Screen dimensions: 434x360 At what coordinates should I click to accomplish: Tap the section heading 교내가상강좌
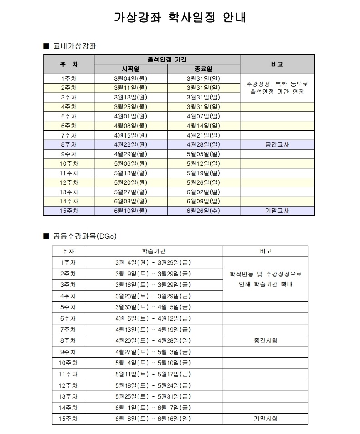pyautogui.click(x=74, y=46)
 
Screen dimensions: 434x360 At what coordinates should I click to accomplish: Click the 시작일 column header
pyautogui.click(x=131, y=69)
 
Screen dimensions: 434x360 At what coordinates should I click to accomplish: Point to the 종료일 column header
pyautogui.click(x=203, y=69)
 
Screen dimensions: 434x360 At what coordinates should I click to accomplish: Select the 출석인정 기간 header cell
pyautogui.click(x=167, y=59)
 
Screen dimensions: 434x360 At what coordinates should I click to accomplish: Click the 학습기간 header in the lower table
pyautogui.click(x=153, y=251)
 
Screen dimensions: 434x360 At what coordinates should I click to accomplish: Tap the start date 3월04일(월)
pyautogui.click(x=131, y=79)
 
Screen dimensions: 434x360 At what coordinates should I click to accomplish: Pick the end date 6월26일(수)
pyautogui.click(x=203, y=211)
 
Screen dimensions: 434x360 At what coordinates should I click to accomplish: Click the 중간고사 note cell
pyautogui.click(x=277, y=145)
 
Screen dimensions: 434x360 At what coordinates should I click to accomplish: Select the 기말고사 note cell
pyautogui.click(x=277, y=211)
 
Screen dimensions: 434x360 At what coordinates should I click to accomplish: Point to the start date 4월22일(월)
pyautogui.click(x=131, y=145)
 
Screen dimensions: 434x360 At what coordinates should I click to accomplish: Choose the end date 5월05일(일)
pyautogui.click(x=203, y=154)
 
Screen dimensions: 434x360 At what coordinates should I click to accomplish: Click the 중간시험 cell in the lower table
pyautogui.click(x=266, y=340)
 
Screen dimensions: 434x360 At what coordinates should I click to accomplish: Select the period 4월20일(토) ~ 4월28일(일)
pyautogui.click(x=153, y=340)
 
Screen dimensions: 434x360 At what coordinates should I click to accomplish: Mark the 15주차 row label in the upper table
pyautogui.click(x=69, y=211)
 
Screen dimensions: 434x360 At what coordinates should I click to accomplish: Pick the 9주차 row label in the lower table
pyautogui.click(x=68, y=351)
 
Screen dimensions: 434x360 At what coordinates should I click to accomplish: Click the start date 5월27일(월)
pyautogui.click(x=131, y=192)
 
